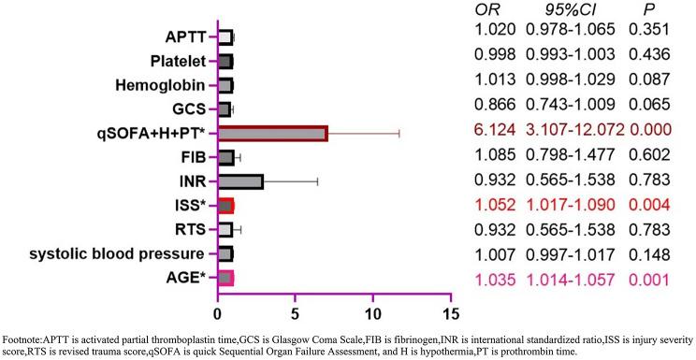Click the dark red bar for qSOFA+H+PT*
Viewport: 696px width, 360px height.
(272, 133)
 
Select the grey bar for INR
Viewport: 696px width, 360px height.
(240, 181)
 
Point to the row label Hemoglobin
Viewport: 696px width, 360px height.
(163, 85)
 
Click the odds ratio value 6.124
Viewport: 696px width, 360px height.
(487, 133)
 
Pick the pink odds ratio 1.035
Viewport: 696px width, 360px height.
(487, 278)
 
